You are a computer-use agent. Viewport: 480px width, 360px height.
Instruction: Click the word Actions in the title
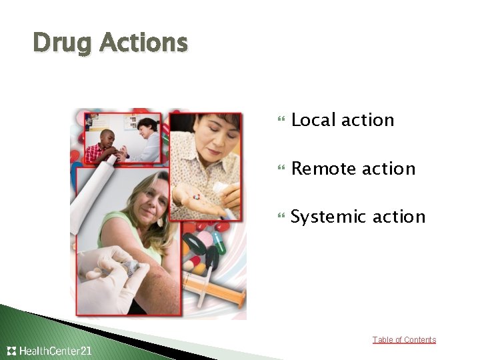(x=145, y=43)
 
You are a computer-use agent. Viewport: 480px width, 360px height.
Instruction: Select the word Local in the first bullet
(x=313, y=120)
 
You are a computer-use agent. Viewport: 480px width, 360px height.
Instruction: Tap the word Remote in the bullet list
(x=324, y=169)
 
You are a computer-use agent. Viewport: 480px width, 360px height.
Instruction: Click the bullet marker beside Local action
(x=280, y=121)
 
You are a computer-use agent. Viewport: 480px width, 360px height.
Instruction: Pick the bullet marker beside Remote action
(x=280, y=169)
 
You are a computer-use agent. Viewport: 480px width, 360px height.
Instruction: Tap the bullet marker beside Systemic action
(x=280, y=217)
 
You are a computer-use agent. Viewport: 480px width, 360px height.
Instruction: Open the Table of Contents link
(x=404, y=340)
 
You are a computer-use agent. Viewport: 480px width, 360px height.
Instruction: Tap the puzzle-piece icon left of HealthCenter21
(x=11, y=351)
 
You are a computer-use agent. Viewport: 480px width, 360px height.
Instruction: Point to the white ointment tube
(x=93, y=193)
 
